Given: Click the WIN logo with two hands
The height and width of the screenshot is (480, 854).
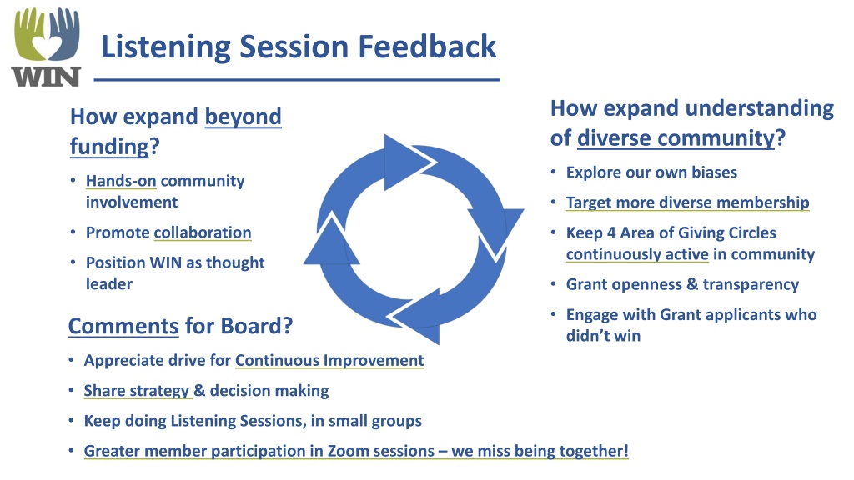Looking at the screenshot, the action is (x=47, y=47).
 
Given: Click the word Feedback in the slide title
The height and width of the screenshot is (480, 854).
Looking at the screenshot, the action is (x=427, y=47).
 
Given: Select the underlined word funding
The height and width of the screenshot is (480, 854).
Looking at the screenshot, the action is (x=109, y=147).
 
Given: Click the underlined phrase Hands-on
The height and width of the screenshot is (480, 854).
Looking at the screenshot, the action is (x=121, y=181).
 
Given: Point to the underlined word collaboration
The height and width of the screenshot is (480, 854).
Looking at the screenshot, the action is (x=203, y=232).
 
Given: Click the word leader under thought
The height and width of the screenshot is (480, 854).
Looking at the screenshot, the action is (x=109, y=283).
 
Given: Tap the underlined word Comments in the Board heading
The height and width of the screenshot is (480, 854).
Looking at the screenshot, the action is (x=123, y=326).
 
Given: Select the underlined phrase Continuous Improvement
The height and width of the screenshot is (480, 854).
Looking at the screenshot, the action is (x=329, y=360).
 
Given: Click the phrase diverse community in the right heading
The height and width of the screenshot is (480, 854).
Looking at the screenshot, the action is (x=676, y=138).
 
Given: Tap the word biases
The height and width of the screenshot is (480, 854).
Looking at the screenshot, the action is (x=714, y=172).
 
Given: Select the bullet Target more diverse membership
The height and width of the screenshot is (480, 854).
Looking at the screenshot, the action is (x=687, y=202).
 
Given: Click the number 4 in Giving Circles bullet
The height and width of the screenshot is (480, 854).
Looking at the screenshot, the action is (x=611, y=233).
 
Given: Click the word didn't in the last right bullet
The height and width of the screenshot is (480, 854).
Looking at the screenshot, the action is (x=586, y=336).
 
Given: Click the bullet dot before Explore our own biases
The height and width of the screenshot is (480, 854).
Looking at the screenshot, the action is (x=554, y=172).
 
